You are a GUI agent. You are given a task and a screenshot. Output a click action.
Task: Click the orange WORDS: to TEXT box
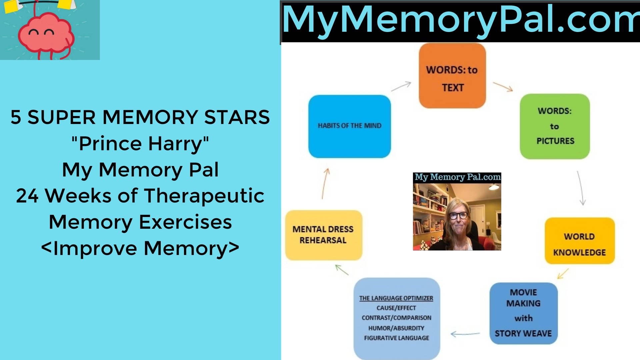coord(452,76)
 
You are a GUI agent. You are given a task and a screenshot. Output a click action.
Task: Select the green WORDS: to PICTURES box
coord(555,126)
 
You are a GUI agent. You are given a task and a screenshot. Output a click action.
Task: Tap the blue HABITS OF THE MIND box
coord(349,126)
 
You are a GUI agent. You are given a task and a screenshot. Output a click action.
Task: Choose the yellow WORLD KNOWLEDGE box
coord(580,241)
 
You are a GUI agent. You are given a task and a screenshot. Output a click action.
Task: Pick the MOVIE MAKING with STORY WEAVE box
coord(523,313)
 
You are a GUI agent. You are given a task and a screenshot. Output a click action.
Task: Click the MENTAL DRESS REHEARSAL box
coord(323,235)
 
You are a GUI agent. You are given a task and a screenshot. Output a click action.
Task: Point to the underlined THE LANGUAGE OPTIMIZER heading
coord(396,298)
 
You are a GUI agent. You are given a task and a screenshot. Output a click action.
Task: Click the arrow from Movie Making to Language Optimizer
coord(465,334)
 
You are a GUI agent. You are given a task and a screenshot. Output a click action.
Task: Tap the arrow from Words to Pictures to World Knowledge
coord(581,188)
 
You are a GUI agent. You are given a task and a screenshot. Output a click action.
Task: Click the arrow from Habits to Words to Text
coord(401,86)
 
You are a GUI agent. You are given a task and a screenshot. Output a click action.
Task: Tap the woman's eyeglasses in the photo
coord(458,215)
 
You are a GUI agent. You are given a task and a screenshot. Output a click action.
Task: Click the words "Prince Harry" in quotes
coord(140,144)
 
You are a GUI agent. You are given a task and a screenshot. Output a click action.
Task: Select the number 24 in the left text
coord(27,196)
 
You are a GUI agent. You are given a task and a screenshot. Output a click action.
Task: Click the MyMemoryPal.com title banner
coord(460,21)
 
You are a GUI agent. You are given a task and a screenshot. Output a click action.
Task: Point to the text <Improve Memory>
coord(140,248)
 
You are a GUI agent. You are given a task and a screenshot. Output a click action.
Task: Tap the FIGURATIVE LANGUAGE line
coord(396,338)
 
